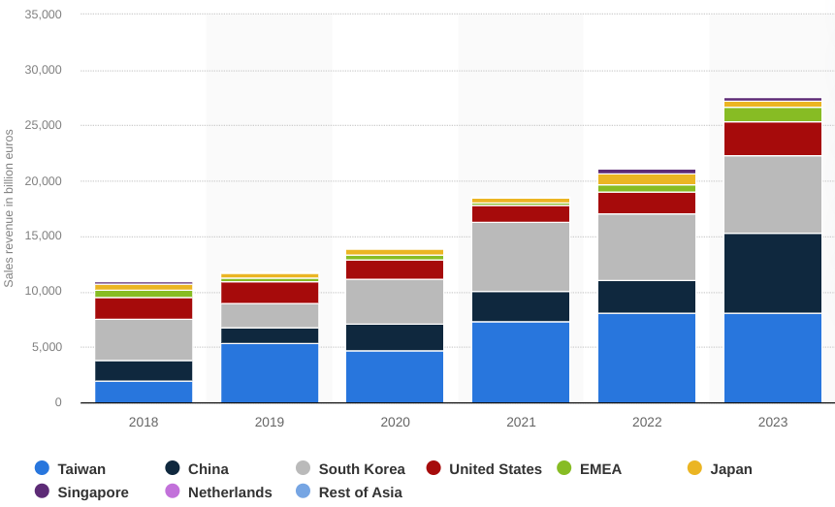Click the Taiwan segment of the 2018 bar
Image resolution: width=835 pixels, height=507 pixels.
[x=144, y=392]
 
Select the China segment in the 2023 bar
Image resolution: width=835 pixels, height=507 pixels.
[x=773, y=273]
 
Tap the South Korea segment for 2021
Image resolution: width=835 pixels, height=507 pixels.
[x=521, y=257]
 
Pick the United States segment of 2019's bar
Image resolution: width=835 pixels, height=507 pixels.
[x=270, y=293]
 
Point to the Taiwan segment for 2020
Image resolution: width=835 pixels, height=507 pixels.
[x=395, y=377]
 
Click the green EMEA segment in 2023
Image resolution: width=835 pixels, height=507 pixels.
[x=773, y=114]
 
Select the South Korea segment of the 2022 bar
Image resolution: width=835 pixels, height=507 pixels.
[x=647, y=247]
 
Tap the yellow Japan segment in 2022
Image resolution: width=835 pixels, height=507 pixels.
[x=647, y=179]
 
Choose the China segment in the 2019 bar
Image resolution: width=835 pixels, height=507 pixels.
[x=270, y=335]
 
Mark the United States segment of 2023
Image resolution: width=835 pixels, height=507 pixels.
[x=773, y=139]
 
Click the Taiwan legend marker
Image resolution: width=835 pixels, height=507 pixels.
[x=42, y=468]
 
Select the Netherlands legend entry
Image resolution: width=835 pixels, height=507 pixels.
[x=219, y=491]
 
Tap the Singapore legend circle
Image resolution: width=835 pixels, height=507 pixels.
[x=42, y=491]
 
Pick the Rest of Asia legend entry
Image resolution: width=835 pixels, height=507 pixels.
[x=349, y=491]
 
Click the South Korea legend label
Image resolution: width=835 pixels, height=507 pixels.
[x=362, y=469]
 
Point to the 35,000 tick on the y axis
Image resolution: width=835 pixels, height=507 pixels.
[x=43, y=15]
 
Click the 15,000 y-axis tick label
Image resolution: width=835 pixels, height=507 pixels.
[x=43, y=236]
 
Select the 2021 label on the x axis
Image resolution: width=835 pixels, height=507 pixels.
[x=521, y=422]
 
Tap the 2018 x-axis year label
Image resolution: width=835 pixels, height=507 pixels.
[x=144, y=422]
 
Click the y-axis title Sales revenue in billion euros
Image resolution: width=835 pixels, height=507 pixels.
[x=9, y=208]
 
